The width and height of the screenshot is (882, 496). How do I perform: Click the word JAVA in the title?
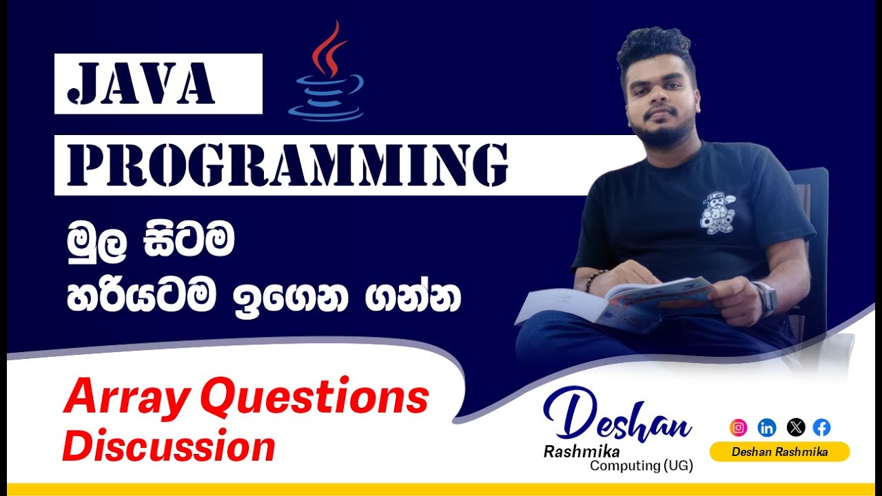coord(142,83)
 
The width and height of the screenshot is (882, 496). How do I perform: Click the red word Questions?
coord(316,398)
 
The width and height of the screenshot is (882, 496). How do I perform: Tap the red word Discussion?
coord(169,446)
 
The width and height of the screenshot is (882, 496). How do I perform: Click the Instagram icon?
coord(738,427)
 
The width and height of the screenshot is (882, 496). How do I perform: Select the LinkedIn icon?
coord(766,427)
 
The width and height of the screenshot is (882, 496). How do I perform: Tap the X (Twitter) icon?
coord(795,427)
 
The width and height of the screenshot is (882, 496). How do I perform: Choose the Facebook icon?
coord(821,427)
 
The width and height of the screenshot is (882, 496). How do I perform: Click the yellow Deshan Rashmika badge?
coord(779,452)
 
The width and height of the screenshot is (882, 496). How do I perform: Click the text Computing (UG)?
coord(641,466)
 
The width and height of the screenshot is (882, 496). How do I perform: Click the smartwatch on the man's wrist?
coord(766,298)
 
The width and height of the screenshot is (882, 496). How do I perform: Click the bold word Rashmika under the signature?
coord(582,452)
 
